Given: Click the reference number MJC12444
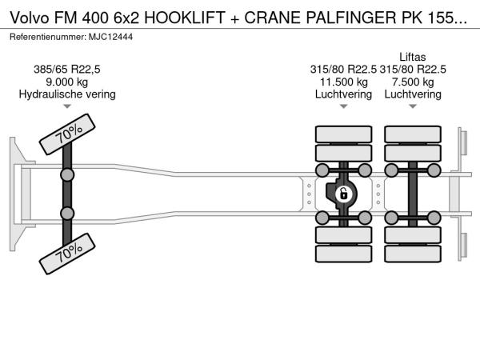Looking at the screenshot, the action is click(x=111, y=37).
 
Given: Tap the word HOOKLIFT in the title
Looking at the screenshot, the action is click(x=185, y=18).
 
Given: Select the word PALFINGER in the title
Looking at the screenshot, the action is click(x=351, y=18).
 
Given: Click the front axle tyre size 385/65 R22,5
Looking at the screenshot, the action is click(x=67, y=70).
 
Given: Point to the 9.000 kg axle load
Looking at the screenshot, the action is click(x=67, y=82).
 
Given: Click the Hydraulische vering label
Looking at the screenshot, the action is click(x=67, y=94).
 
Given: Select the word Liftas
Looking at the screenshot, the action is click(x=413, y=57).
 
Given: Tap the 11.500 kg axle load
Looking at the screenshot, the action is click(x=343, y=82).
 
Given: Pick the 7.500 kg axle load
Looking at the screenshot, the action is click(x=413, y=82).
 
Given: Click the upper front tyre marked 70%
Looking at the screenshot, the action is click(x=67, y=134).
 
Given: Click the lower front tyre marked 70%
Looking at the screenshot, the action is click(x=67, y=254).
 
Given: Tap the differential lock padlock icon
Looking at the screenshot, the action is click(x=343, y=194).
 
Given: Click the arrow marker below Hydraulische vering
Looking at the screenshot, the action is click(x=67, y=106).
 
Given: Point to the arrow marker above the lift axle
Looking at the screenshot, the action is click(x=413, y=106).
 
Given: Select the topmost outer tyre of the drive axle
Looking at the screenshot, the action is click(x=343, y=134).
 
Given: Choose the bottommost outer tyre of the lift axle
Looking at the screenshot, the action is click(x=413, y=254).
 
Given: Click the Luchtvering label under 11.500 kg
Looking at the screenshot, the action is click(x=343, y=94).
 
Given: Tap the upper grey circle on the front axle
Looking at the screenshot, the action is click(x=67, y=175).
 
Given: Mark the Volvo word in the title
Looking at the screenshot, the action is click(x=30, y=18).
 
